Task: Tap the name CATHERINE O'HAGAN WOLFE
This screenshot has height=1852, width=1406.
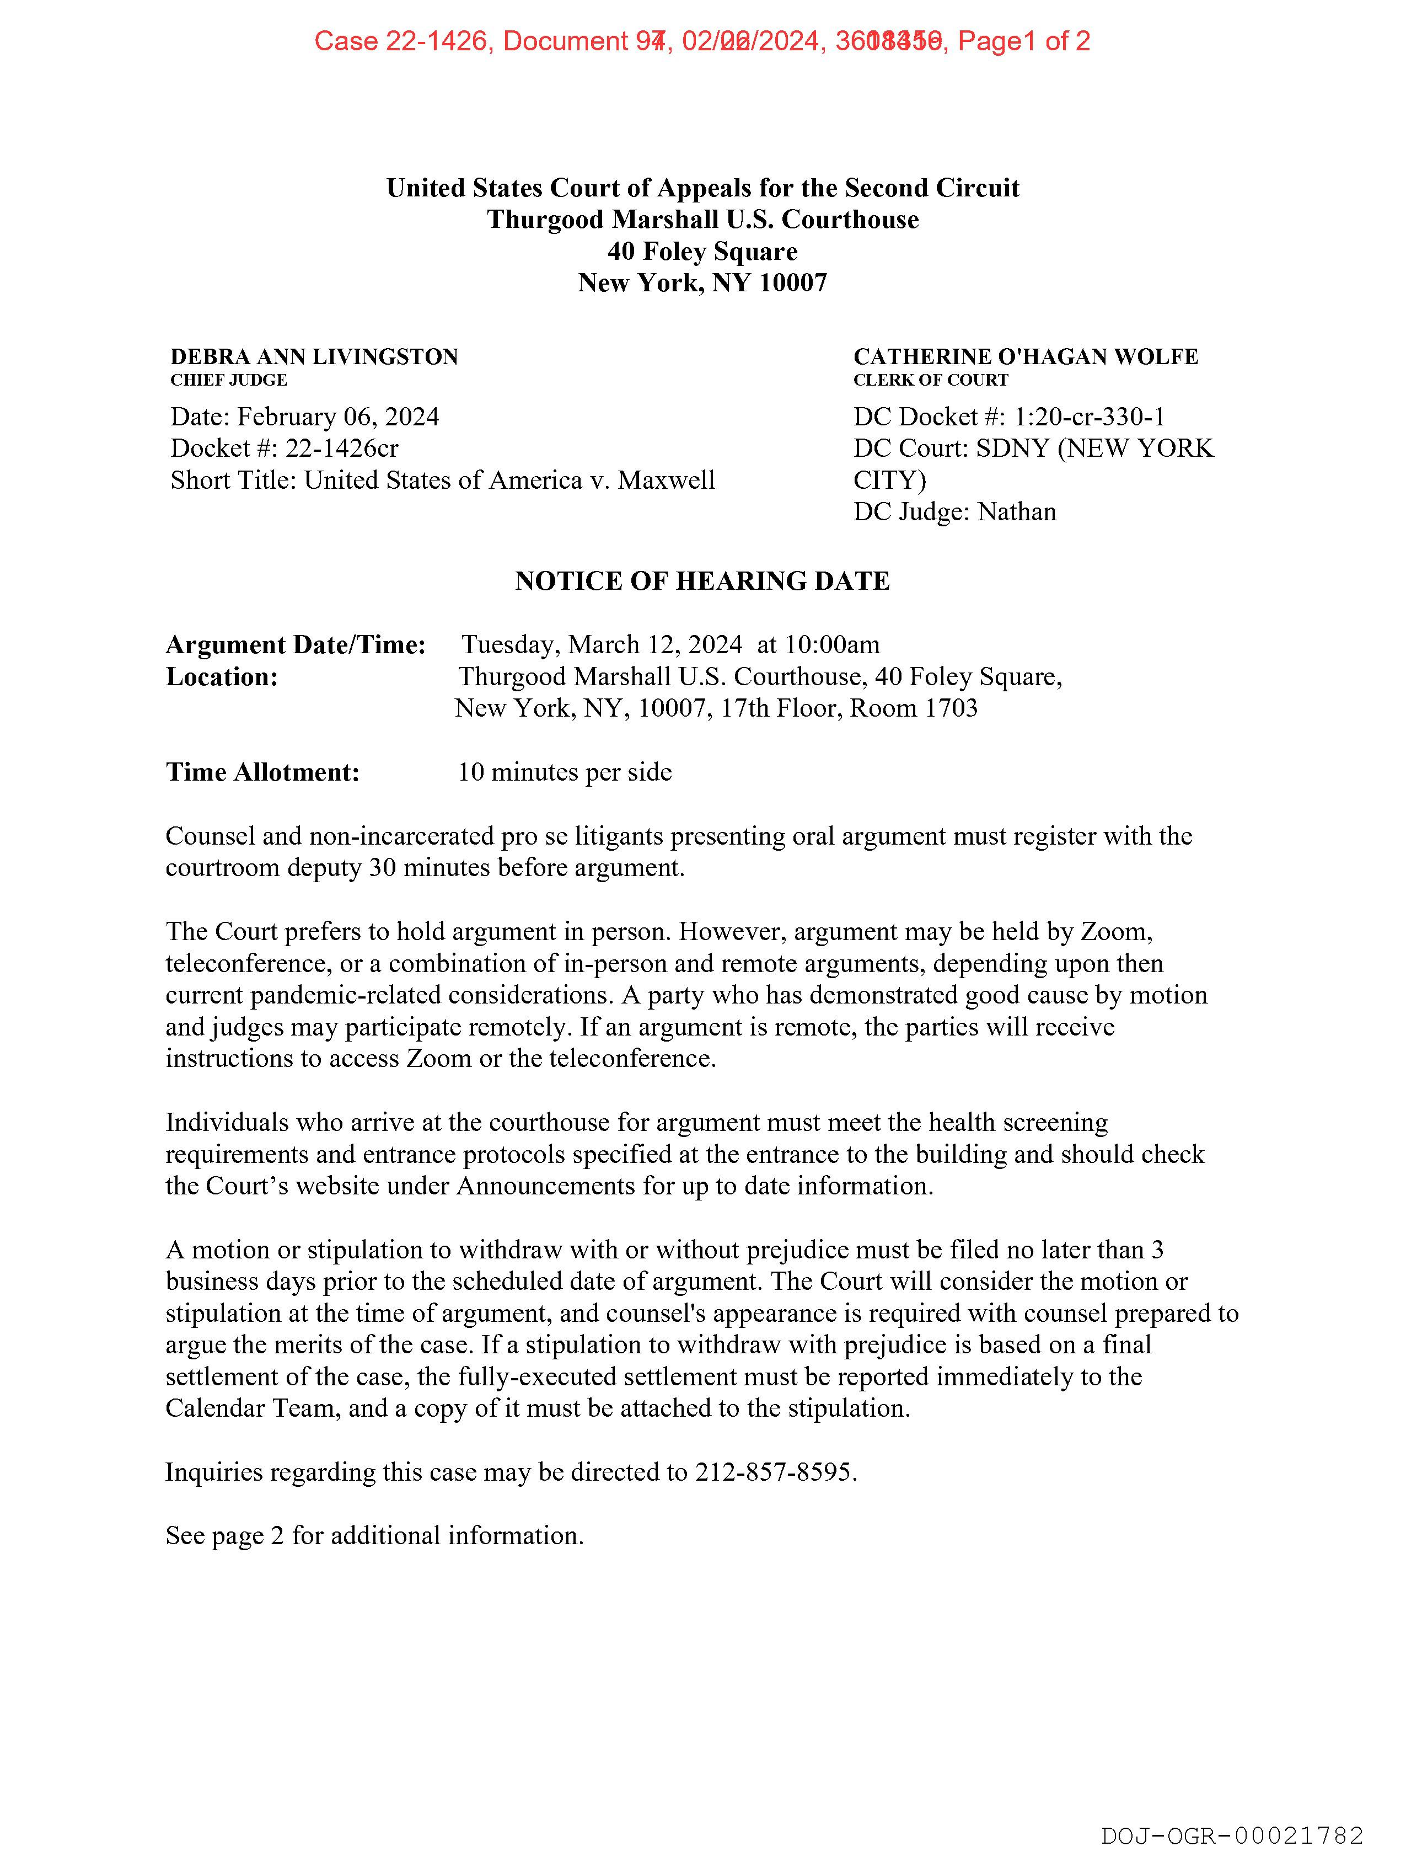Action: tap(1025, 357)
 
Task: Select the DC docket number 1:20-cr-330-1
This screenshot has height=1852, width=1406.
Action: tap(1089, 417)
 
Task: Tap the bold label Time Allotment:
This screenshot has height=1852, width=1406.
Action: tap(263, 772)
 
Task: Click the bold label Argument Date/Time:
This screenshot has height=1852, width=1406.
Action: tap(296, 645)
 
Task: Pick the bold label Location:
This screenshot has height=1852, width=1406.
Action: tap(222, 676)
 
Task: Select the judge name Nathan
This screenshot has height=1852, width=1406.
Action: tap(1017, 511)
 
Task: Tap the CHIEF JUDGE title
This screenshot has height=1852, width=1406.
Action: tap(228, 380)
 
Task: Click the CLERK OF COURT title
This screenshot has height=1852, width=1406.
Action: tap(931, 380)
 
